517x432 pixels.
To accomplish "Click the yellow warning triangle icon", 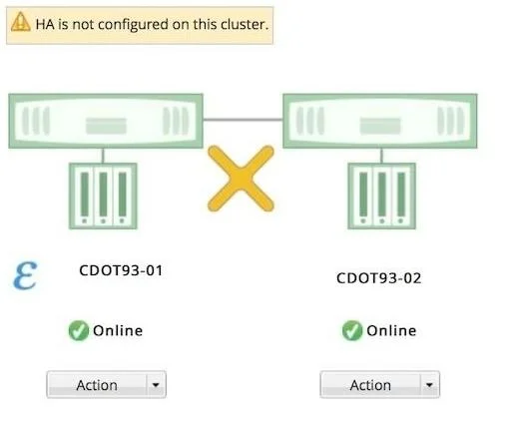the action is (x=21, y=22).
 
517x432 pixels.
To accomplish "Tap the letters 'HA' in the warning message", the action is (x=45, y=25).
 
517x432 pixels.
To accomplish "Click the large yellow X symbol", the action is (x=241, y=179).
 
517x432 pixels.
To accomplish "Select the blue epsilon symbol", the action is (x=25, y=275).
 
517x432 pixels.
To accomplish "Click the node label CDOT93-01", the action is (x=121, y=270).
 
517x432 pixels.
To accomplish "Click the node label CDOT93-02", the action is (x=378, y=278).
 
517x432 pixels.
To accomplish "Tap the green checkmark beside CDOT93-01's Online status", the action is (x=79, y=330).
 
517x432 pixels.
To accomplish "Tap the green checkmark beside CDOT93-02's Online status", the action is (x=352, y=330).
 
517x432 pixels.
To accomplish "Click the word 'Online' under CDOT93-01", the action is (x=118, y=331).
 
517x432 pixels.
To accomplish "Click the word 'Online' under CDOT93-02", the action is (x=391, y=331).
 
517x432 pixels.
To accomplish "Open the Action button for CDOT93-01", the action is (x=97, y=385).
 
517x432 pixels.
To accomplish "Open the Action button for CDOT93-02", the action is (x=370, y=385).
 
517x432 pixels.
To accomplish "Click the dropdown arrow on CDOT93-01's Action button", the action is (x=156, y=385).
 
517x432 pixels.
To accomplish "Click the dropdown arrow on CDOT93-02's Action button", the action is (x=429, y=385).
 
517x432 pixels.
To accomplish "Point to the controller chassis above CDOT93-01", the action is (x=106, y=121).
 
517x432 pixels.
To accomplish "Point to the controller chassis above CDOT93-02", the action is (x=380, y=121).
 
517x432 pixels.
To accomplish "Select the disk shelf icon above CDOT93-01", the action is (x=103, y=196).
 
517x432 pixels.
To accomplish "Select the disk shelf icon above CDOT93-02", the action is (x=381, y=196).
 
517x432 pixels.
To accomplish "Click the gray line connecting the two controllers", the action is (x=243, y=120).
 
